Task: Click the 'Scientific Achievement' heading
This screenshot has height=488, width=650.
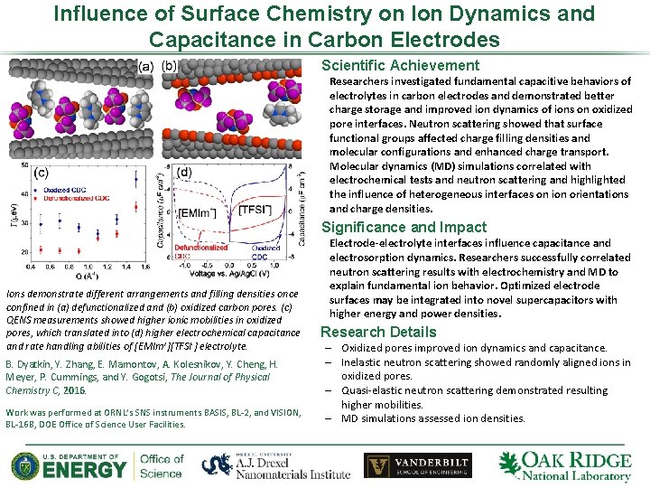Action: click(x=400, y=65)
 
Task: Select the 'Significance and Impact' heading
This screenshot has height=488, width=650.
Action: click(x=404, y=228)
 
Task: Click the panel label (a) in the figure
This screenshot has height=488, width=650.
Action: click(x=145, y=66)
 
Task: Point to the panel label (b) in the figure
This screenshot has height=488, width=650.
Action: click(x=170, y=66)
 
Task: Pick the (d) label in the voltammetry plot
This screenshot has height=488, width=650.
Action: click(x=185, y=172)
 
